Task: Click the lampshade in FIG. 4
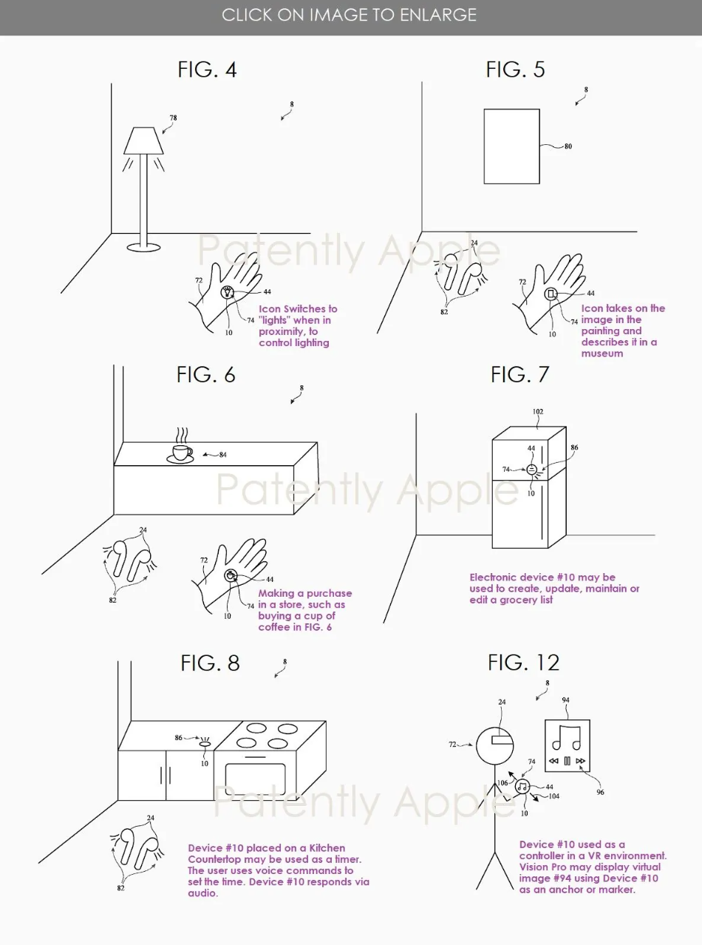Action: tap(143, 140)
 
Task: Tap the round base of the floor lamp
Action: tap(144, 247)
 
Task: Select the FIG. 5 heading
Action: tap(516, 70)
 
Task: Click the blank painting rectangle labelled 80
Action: tap(511, 146)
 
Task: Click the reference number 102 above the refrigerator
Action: tap(538, 412)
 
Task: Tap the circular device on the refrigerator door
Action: tap(531, 470)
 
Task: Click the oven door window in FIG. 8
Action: tap(256, 779)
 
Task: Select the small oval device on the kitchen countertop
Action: tap(205, 744)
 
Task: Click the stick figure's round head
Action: tap(494, 746)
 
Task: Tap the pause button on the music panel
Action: tap(567, 761)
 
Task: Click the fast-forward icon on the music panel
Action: tap(580, 761)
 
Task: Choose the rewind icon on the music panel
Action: tap(553, 761)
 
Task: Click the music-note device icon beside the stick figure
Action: tap(522, 787)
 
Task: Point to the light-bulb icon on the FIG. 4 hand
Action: tap(228, 292)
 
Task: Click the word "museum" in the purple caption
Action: tap(602, 353)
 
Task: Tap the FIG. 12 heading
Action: tap(523, 663)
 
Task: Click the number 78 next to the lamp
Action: tap(173, 118)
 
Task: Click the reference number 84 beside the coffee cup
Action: tap(222, 455)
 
